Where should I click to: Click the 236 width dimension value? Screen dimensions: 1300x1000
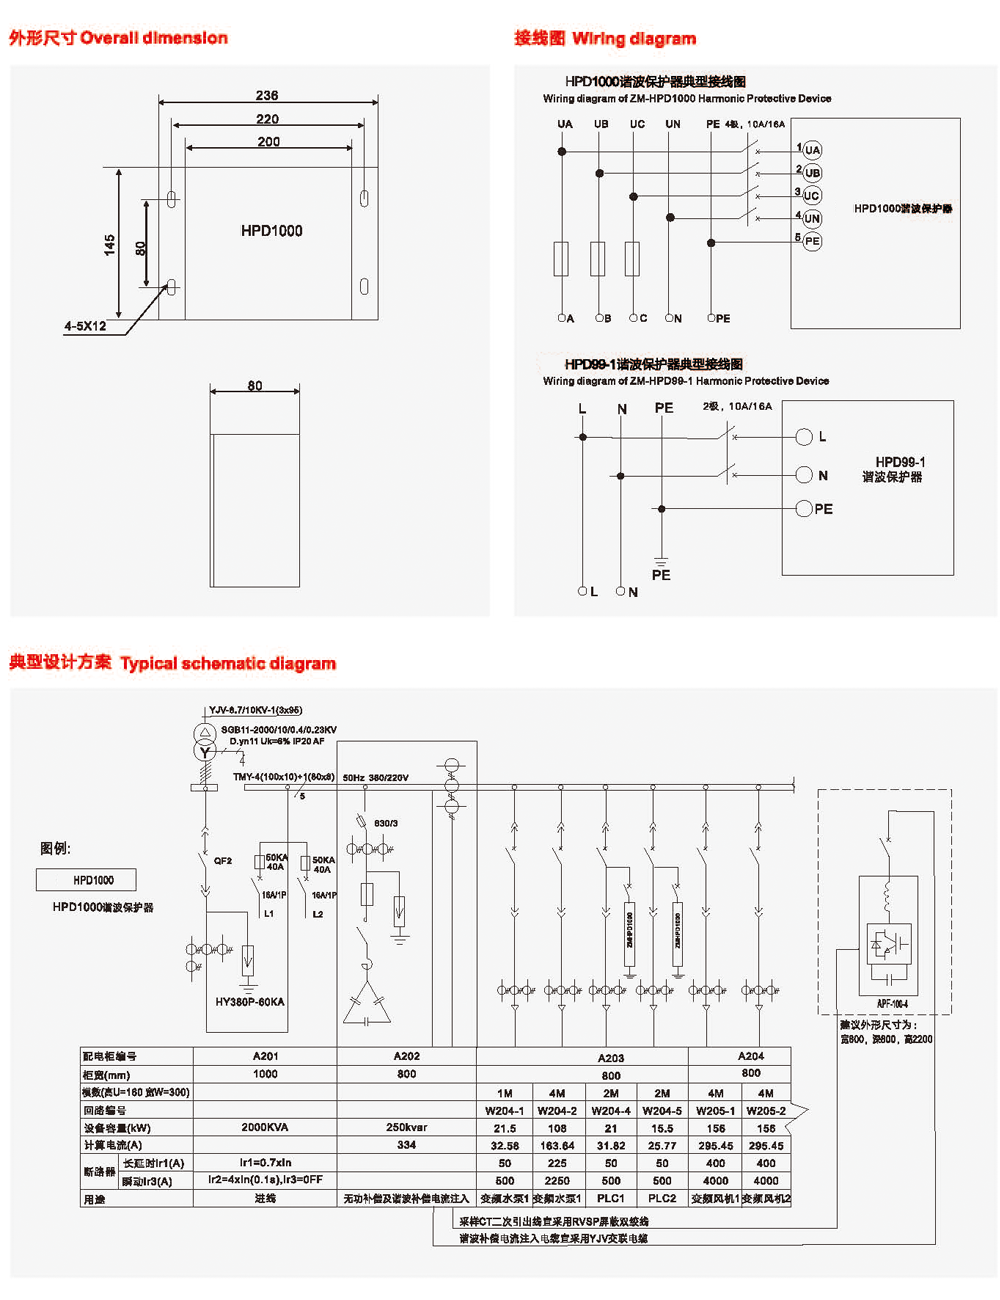pos(267,96)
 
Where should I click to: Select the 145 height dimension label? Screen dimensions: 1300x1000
pos(109,244)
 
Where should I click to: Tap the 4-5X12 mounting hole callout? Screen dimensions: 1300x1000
pos(85,326)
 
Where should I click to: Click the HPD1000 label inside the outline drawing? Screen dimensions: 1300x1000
pos(271,231)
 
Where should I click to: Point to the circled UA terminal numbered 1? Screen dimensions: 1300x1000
pos(812,150)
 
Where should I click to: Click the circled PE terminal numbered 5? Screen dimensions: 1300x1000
pos(812,241)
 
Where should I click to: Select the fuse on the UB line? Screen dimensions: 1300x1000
pos(598,258)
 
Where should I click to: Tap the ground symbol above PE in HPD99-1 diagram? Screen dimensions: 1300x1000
pos(661,560)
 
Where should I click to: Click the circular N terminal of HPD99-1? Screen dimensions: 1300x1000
pos(804,475)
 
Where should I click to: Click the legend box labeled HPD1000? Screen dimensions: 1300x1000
pos(86,880)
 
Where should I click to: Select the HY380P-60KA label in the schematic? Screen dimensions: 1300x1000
pos(250,1002)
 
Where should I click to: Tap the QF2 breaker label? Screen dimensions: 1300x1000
pos(222,861)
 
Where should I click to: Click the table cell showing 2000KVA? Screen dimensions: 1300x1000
pos(265,1127)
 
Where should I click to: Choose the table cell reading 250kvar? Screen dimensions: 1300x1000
pos(406,1127)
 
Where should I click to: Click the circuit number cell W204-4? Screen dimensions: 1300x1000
pos(610,1110)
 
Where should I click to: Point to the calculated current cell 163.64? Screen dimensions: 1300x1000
pos(557,1146)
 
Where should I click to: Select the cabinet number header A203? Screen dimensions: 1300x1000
pos(610,1058)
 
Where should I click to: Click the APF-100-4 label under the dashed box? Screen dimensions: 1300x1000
pos(892,1004)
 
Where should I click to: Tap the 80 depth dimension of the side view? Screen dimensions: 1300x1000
pos(255,386)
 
